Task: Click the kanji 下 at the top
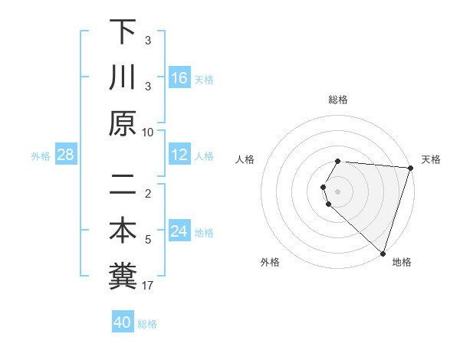click(123, 32)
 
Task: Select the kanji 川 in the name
click(123, 77)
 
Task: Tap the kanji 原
click(123, 123)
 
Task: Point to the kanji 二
click(123, 184)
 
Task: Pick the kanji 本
click(123, 231)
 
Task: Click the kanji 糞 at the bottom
click(123, 277)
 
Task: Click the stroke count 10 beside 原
click(148, 132)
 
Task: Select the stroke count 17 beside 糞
click(148, 286)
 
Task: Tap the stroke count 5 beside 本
click(148, 240)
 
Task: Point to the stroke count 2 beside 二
click(148, 193)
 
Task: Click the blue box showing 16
click(179, 78)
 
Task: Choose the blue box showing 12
click(179, 155)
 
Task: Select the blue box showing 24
click(179, 232)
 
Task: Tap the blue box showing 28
click(65, 155)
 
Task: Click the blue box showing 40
click(123, 322)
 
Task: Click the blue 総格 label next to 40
click(147, 324)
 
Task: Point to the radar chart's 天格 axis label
click(431, 159)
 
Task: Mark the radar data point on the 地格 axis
click(383, 253)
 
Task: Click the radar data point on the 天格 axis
click(410, 168)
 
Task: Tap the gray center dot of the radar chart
click(338, 191)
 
